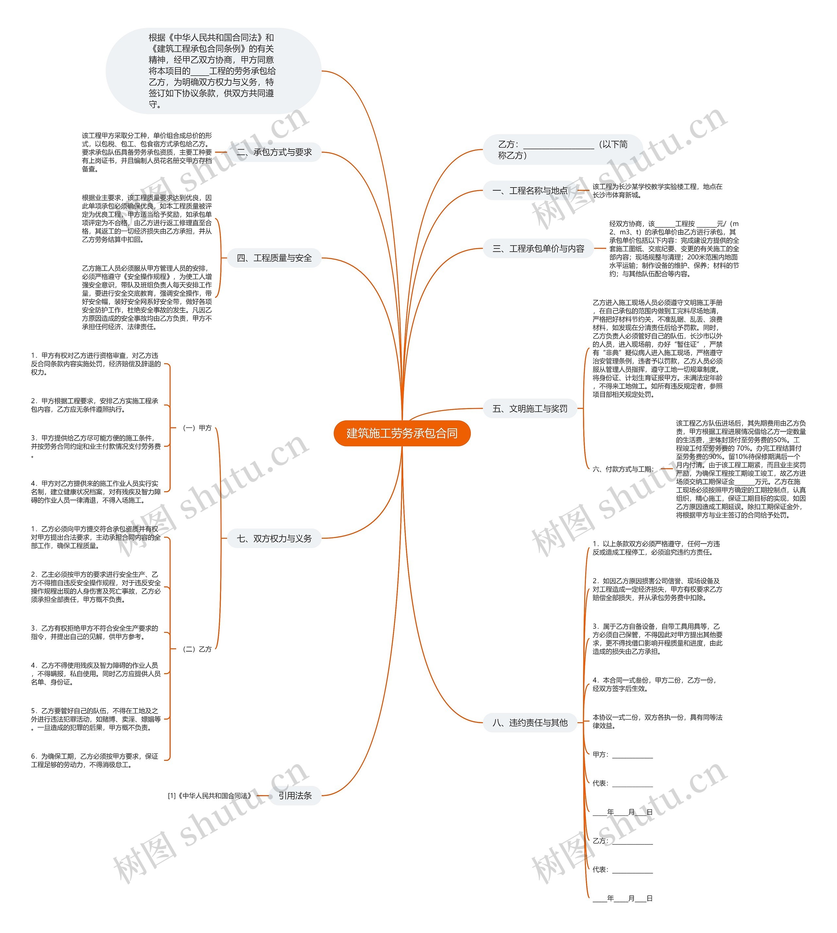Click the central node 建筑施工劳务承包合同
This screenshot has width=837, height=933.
[x=401, y=433]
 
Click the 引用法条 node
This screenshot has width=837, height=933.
[x=295, y=795]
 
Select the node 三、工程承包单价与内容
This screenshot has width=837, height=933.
[x=538, y=249]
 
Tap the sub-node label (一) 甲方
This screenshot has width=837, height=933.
[x=197, y=428]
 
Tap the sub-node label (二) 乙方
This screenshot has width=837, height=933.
[x=197, y=649]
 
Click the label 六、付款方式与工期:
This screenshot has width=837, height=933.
[x=623, y=469]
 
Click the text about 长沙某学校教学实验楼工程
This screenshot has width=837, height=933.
[x=657, y=190]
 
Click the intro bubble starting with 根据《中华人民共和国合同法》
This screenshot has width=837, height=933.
[x=213, y=71]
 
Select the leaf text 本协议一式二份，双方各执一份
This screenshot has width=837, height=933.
[x=657, y=721]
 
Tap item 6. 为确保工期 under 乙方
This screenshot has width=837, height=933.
[x=95, y=761]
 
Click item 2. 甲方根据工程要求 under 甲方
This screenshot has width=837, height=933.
[x=95, y=405]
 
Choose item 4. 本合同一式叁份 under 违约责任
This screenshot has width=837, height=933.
[x=654, y=684]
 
